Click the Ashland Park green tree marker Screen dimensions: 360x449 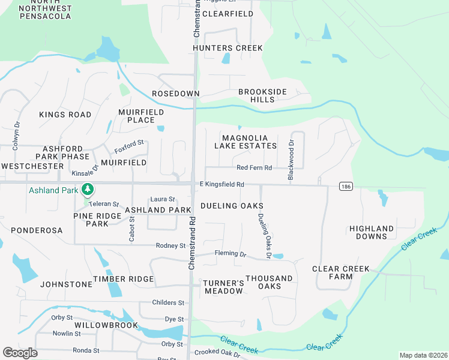(88, 190)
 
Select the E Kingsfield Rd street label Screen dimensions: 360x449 (221, 185)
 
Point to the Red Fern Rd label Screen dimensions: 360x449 (254, 168)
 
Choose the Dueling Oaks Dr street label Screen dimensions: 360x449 (263, 233)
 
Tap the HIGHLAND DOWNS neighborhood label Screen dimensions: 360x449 (372, 233)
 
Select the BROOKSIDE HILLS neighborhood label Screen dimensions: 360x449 (262, 95)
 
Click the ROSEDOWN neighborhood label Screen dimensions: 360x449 (175, 94)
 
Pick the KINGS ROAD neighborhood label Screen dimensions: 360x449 (65, 115)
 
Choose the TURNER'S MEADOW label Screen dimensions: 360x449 (223, 287)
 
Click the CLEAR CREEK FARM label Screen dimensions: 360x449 (340, 273)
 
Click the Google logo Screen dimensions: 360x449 (20, 353)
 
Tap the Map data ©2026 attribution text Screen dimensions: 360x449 (423, 355)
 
